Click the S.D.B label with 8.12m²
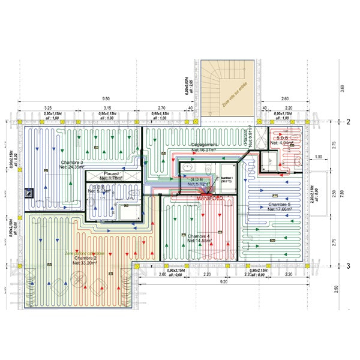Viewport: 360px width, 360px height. coord(198,182)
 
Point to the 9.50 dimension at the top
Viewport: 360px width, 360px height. coord(106,98)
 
